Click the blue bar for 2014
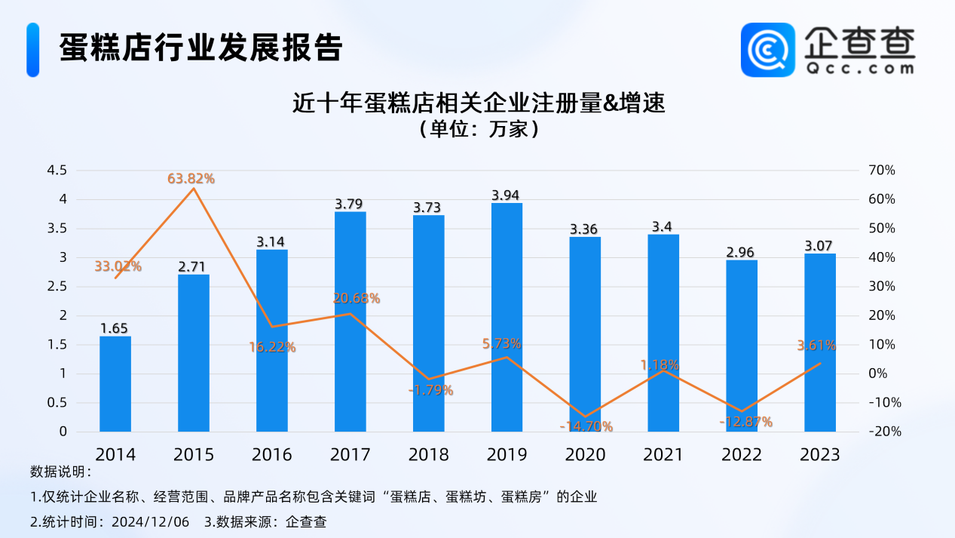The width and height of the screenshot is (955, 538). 115,383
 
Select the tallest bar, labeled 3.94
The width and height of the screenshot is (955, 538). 507,317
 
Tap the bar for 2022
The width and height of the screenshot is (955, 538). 742,346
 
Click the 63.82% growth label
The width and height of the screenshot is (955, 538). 191,179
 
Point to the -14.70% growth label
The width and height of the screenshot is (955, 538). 586,426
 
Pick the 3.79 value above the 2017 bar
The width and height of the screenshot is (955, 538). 350,204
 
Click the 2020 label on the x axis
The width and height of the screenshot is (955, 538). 586,454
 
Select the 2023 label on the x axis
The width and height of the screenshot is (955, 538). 820,454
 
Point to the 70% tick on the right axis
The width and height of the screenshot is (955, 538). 881,171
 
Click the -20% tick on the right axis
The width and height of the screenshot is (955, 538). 880,432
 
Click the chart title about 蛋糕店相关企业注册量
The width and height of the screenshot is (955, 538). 478,103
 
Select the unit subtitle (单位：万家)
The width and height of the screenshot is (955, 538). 478,129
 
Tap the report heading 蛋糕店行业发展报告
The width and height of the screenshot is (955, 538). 201,48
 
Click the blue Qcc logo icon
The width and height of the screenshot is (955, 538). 768,50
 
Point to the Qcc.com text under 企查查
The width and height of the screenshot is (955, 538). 859,68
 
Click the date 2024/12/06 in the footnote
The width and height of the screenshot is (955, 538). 152,521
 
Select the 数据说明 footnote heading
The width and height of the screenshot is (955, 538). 60,472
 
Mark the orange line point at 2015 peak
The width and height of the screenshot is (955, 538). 194,188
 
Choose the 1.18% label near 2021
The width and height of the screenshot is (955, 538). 660,364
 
